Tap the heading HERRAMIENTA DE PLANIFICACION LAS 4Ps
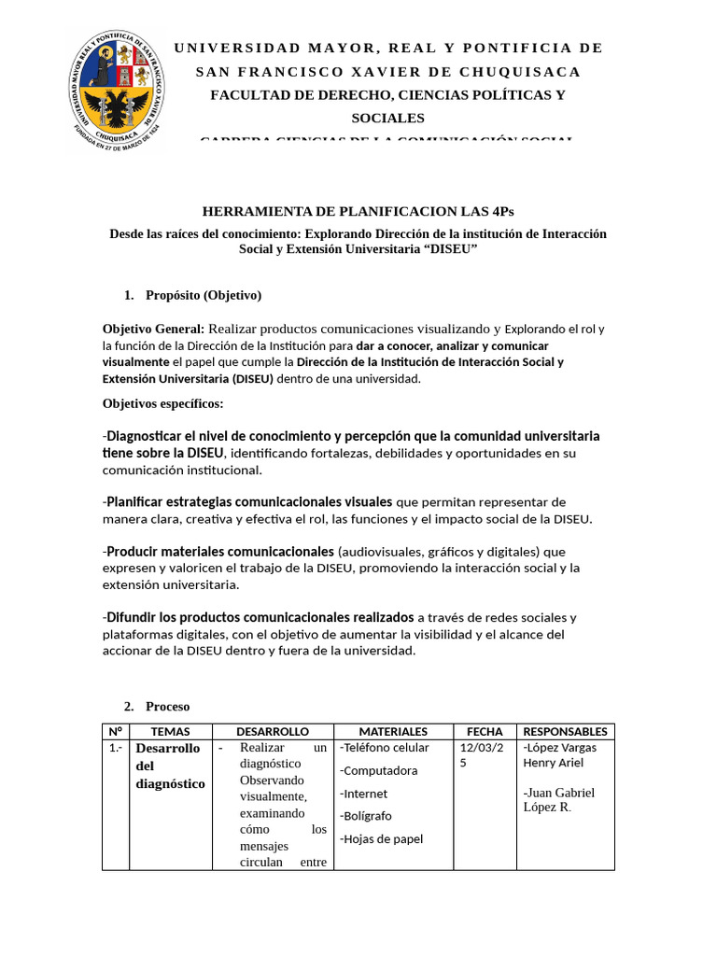(x=358, y=211)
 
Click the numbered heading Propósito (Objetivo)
(x=204, y=295)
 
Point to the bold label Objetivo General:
(x=153, y=329)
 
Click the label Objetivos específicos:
(x=162, y=403)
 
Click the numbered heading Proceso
(x=167, y=706)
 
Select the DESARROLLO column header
(x=272, y=732)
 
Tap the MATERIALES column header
(x=393, y=732)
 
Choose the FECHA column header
(x=485, y=732)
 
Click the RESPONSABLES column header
(x=565, y=732)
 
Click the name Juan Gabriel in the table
(x=561, y=793)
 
